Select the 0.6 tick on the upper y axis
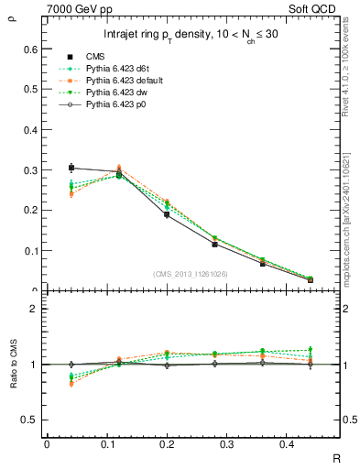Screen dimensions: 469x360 click(32, 49)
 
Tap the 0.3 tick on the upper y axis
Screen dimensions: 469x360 click(32, 170)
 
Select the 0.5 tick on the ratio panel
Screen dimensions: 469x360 click(32, 420)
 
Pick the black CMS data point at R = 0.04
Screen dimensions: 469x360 click(71, 168)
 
